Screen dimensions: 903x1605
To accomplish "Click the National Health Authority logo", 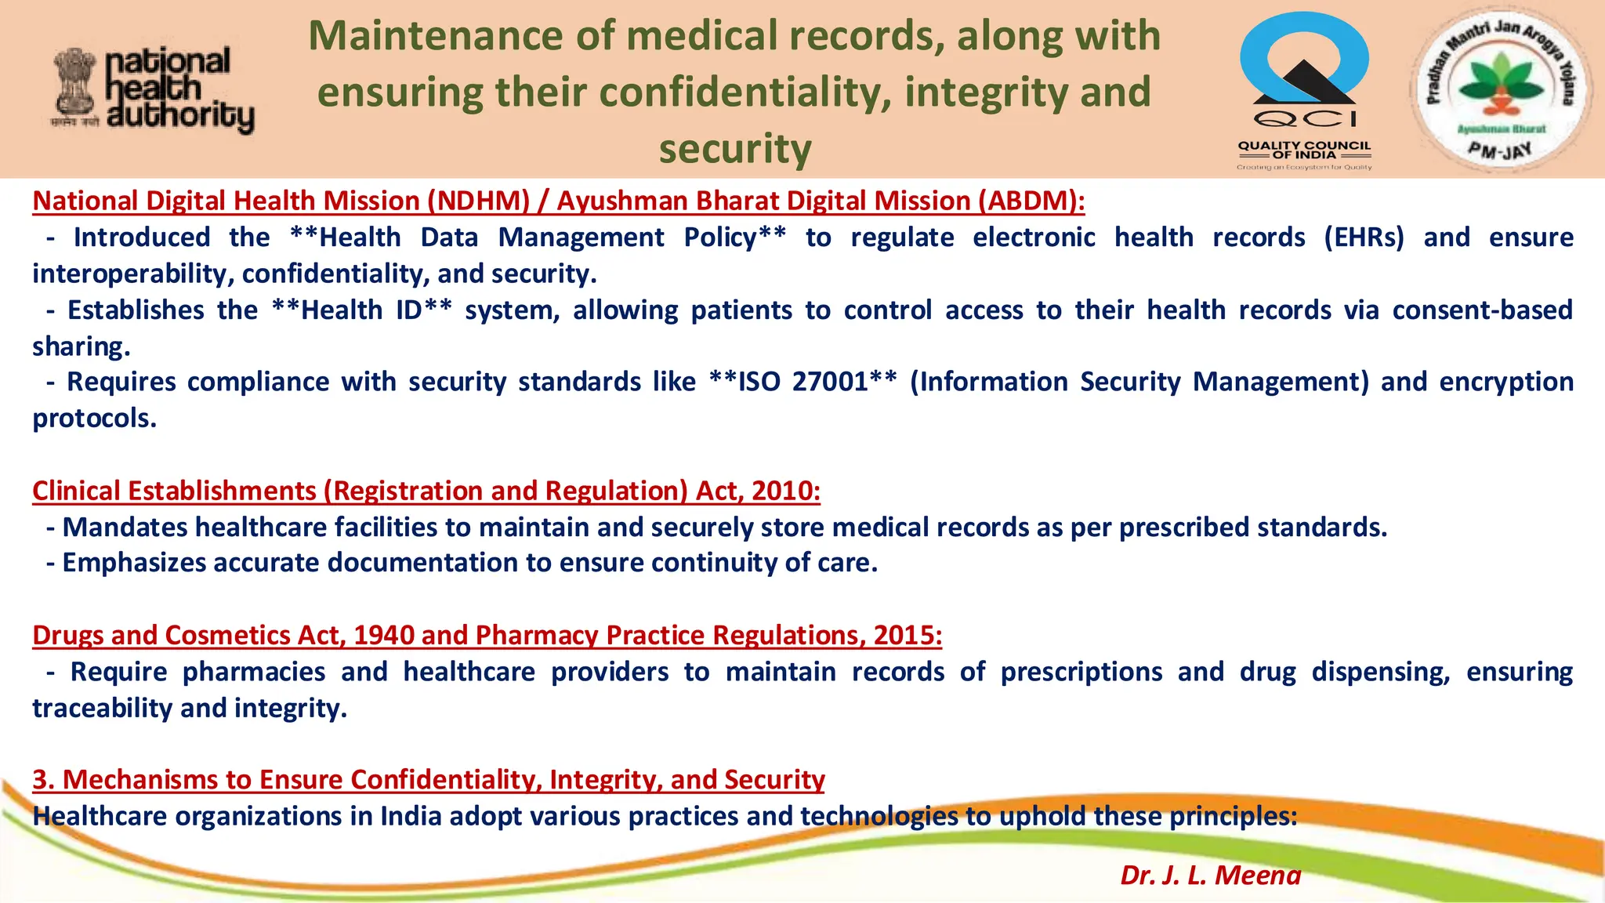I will pyautogui.click(x=154, y=89).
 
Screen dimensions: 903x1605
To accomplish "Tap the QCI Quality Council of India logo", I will pyautogui.click(x=1304, y=89).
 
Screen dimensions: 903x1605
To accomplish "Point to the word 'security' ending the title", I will pyautogui.click(x=735, y=149).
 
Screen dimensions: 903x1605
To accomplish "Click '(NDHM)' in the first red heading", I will pyautogui.click(x=479, y=201).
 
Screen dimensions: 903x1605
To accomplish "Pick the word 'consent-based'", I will pyautogui.click(x=1482, y=310).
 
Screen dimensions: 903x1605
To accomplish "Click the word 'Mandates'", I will pyautogui.click(x=125, y=528).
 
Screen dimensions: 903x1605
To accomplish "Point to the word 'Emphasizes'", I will pyautogui.click(x=133, y=564).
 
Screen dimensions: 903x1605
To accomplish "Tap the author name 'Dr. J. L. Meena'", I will pyautogui.click(x=1210, y=875).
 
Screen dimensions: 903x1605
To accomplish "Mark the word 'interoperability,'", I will pyautogui.click(x=133, y=274).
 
